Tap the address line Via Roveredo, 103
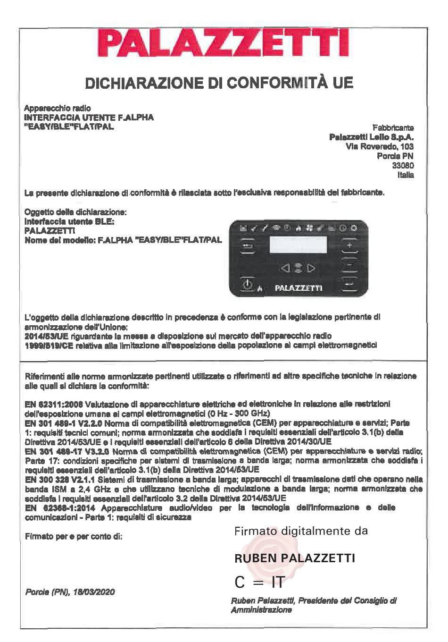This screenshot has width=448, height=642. (x=380, y=147)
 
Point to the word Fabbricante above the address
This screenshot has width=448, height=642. (x=393, y=127)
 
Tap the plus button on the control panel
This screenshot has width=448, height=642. (x=349, y=246)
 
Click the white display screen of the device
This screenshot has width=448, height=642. (x=298, y=244)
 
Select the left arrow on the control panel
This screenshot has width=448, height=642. (x=284, y=269)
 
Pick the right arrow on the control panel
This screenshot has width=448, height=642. (x=311, y=269)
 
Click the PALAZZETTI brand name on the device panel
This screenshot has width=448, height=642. (x=298, y=287)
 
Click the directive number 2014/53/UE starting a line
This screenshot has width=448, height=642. (x=47, y=336)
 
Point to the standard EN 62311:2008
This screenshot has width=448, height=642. (x=54, y=404)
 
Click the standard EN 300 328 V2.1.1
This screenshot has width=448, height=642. (x=60, y=479)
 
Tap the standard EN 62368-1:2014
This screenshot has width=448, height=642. (x=60, y=508)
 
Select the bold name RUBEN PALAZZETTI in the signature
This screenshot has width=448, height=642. (x=295, y=558)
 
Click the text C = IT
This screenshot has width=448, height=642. (x=260, y=583)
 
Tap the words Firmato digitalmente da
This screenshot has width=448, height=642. (x=301, y=531)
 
